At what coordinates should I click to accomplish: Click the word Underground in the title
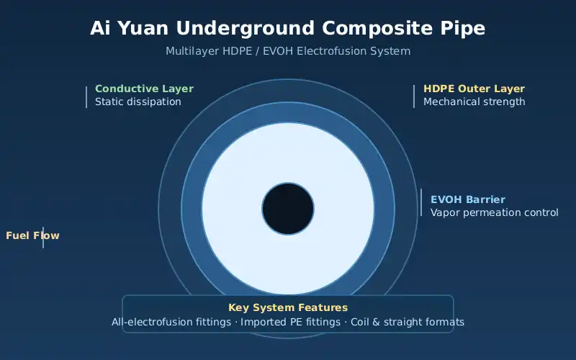click(245, 28)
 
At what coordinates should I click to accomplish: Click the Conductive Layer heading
click(145, 89)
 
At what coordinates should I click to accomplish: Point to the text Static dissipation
click(138, 102)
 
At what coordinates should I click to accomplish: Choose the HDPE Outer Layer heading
click(474, 89)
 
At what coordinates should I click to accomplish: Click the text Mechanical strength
click(474, 102)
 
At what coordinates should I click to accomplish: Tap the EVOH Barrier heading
click(468, 199)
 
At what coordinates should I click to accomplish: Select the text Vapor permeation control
click(495, 212)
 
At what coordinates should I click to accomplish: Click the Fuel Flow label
click(32, 235)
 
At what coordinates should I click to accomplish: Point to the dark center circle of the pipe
click(288, 209)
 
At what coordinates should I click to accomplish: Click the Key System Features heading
click(288, 307)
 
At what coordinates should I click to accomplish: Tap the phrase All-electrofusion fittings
click(171, 322)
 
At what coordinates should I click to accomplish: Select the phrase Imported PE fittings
click(291, 322)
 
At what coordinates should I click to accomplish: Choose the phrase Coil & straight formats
click(408, 322)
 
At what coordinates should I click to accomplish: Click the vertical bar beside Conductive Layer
click(86, 97)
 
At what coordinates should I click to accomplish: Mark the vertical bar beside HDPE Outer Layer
click(414, 96)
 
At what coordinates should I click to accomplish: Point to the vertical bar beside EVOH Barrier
click(421, 202)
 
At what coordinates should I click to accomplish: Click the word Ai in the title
click(100, 28)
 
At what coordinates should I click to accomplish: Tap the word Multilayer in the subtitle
click(187, 51)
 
